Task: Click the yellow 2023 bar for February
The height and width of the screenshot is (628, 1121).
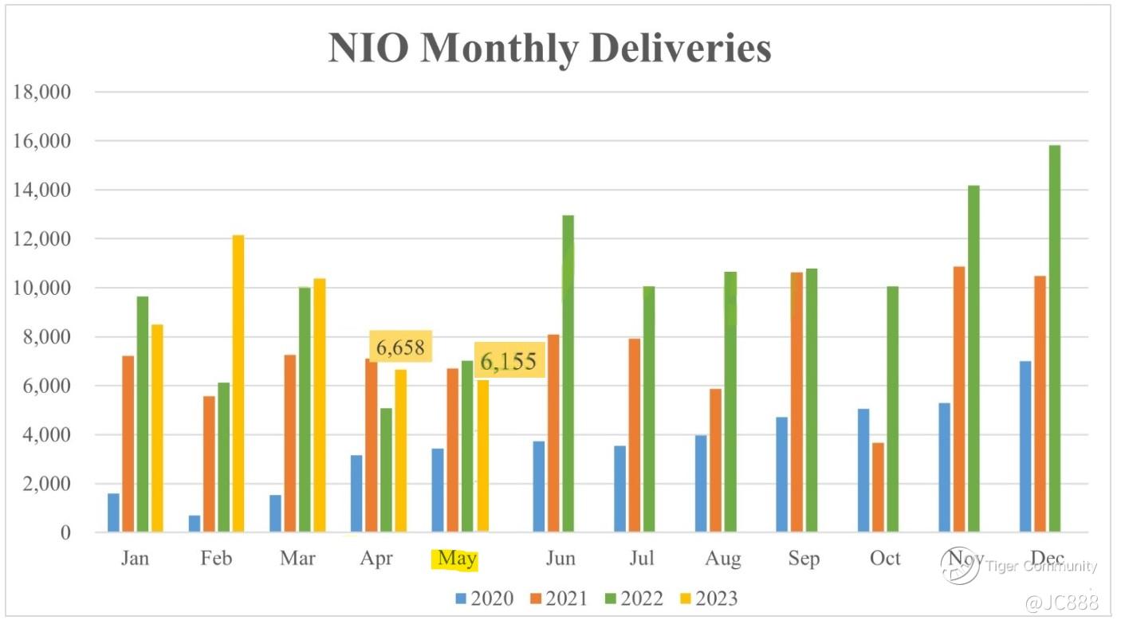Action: coord(238,383)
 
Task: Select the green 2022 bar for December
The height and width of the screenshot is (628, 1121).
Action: coord(1054,339)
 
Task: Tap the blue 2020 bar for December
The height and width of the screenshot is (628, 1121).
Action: coord(1025,446)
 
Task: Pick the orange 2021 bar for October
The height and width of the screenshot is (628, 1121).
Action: coord(878,487)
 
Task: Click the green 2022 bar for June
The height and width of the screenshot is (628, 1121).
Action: coord(568,373)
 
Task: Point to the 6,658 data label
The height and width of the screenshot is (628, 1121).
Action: coord(400,347)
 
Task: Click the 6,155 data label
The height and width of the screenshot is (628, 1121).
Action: coord(509,362)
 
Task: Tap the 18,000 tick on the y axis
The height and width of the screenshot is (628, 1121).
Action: coord(42,92)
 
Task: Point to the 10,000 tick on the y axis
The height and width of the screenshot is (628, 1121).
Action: coord(42,288)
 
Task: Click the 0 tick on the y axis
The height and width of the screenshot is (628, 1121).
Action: coord(65,532)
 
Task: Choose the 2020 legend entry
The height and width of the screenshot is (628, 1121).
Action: coord(484,598)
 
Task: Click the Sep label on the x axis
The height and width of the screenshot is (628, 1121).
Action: coord(804,559)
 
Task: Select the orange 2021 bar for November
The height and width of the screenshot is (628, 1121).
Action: coord(959,399)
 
